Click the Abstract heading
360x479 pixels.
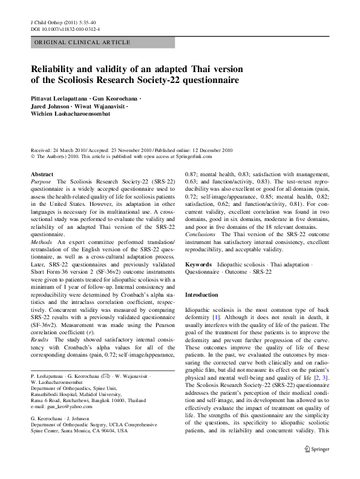(41, 174)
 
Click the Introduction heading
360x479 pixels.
(202, 294)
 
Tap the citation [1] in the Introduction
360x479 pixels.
(215, 317)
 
